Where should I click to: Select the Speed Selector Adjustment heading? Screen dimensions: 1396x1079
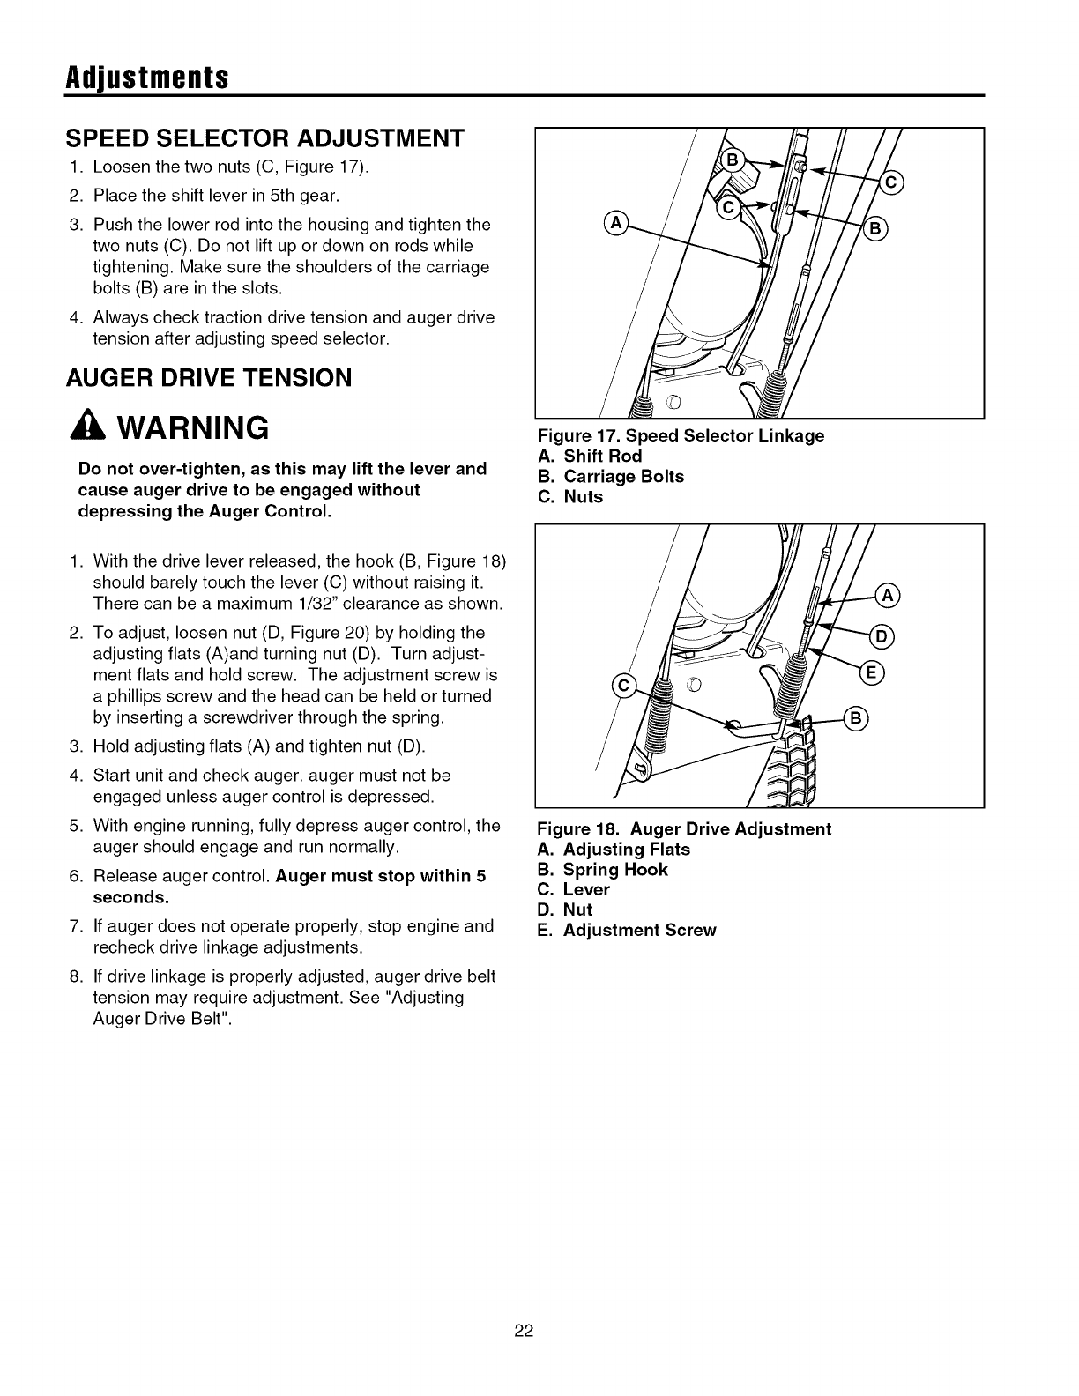click(x=265, y=138)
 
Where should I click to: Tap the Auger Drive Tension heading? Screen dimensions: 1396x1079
click(x=209, y=377)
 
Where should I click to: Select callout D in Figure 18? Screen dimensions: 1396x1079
click(x=882, y=635)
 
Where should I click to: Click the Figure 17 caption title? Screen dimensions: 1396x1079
click(x=681, y=435)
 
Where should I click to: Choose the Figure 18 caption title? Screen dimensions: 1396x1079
click(x=685, y=829)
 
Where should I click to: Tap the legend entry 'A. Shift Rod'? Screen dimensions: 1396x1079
click(x=590, y=456)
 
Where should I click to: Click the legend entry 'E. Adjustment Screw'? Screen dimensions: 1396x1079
click(x=627, y=930)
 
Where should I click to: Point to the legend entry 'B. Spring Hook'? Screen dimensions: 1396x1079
click(x=603, y=870)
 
